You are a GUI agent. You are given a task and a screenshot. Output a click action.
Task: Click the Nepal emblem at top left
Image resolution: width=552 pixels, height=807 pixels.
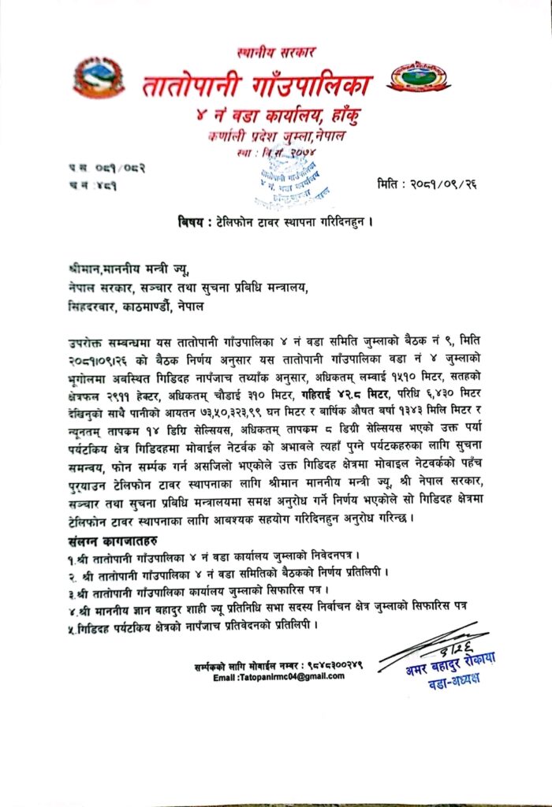pyautogui.click(x=95, y=78)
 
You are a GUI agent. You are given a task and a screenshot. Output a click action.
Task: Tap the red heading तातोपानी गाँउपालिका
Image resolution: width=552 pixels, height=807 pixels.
pyautogui.click(x=257, y=84)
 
